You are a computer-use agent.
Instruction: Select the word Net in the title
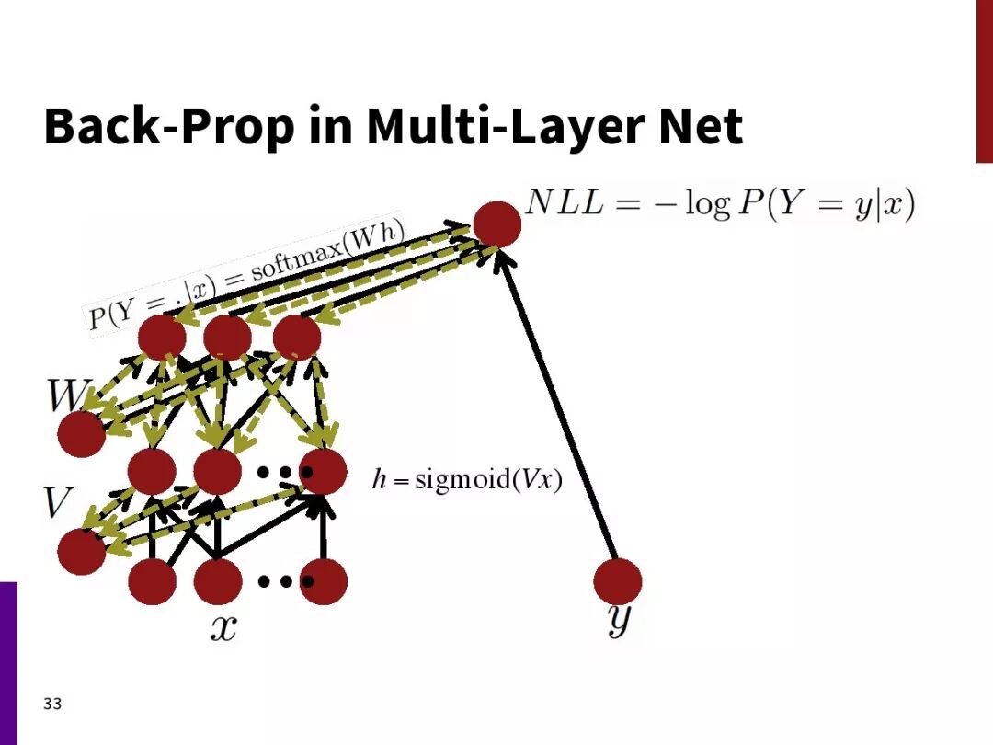699,127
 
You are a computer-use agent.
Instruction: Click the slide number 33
52,705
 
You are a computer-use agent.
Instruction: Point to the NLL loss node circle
497,224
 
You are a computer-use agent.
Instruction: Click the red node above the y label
617,581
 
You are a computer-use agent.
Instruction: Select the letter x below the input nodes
223,627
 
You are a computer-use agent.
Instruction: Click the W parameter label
67,395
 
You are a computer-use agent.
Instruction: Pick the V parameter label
58,502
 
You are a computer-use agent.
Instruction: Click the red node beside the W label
81,434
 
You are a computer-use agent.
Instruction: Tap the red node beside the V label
81,551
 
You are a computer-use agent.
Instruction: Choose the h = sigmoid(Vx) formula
466,480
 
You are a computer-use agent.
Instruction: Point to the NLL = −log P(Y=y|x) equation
720,203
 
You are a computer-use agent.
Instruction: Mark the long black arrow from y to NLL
557,405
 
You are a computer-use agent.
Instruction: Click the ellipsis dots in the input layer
285,581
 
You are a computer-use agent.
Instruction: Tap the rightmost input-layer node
324,581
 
